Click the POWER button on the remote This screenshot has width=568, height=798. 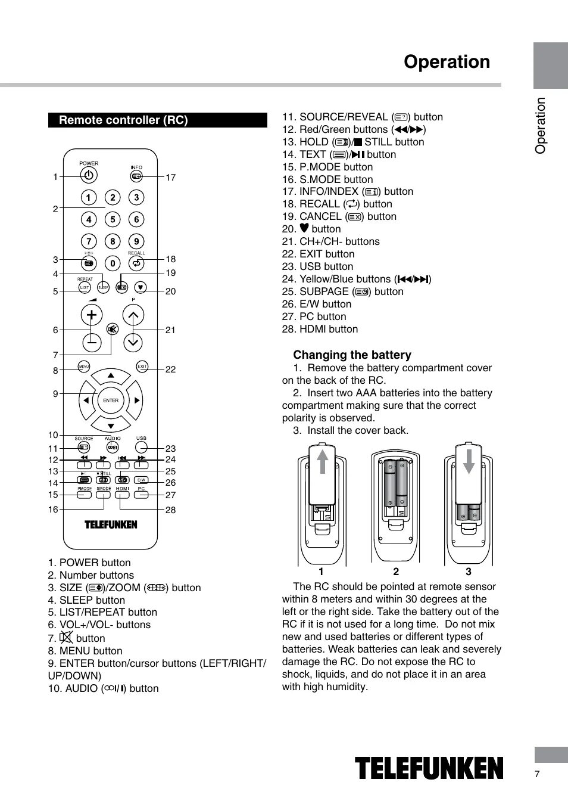pyautogui.click(x=89, y=175)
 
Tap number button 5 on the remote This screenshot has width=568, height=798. pyautogui.click(x=113, y=219)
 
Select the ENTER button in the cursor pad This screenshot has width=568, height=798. pyautogui.click(x=111, y=400)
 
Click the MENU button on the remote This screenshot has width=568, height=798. pyautogui.click(x=84, y=367)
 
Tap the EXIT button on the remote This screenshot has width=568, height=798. pyautogui.click(x=142, y=367)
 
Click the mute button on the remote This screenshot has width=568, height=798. pyautogui.click(x=112, y=329)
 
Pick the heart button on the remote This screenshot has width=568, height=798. pyautogui.click(x=141, y=287)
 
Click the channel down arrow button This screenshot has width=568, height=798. pyautogui.click(x=133, y=341)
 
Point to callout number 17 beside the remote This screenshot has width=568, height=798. pyautogui.click(x=171, y=178)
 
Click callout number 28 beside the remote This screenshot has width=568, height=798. pyautogui.click(x=171, y=510)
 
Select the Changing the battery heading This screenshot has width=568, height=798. pyautogui.click(x=352, y=355)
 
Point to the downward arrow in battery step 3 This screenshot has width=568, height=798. pyautogui.click(x=469, y=461)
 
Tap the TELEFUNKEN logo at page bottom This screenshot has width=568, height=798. pyautogui.click(x=429, y=768)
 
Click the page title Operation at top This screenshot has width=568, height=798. pyautogui.click(x=447, y=62)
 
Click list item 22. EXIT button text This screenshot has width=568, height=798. pyautogui.click(x=319, y=254)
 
